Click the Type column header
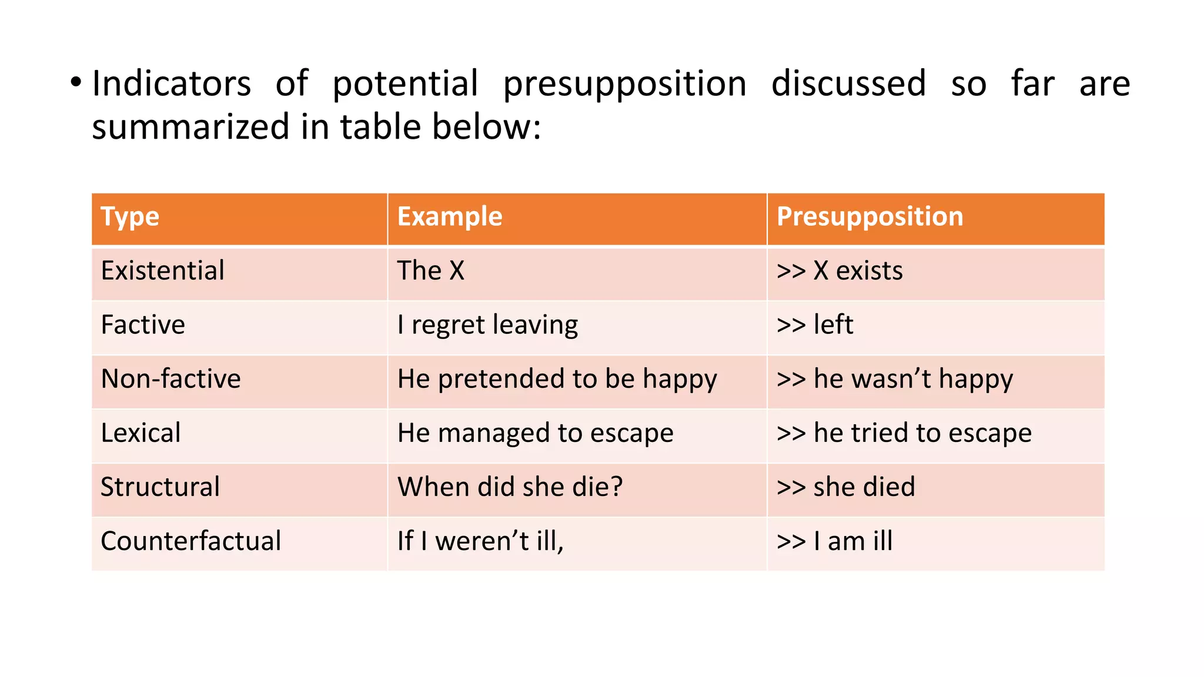(x=130, y=217)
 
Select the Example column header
(x=450, y=217)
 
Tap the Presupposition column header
(x=870, y=217)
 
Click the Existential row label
(x=163, y=271)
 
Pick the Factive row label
(x=143, y=325)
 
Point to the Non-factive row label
(x=171, y=379)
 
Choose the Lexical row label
(x=141, y=433)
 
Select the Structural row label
(x=160, y=487)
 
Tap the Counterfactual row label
(x=191, y=541)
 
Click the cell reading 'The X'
(x=431, y=271)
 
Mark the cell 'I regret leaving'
(x=488, y=325)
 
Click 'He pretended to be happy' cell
(x=557, y=379)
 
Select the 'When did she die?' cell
(x=510, y=487)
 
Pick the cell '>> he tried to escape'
(x=904, y=433)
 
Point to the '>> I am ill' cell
(x=835, y=541)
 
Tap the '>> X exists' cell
(x=840, y=271)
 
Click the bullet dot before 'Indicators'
(x=75, y=82)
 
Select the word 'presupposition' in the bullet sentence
(x=625, y=84)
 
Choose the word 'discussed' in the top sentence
(x=848, y=83)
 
